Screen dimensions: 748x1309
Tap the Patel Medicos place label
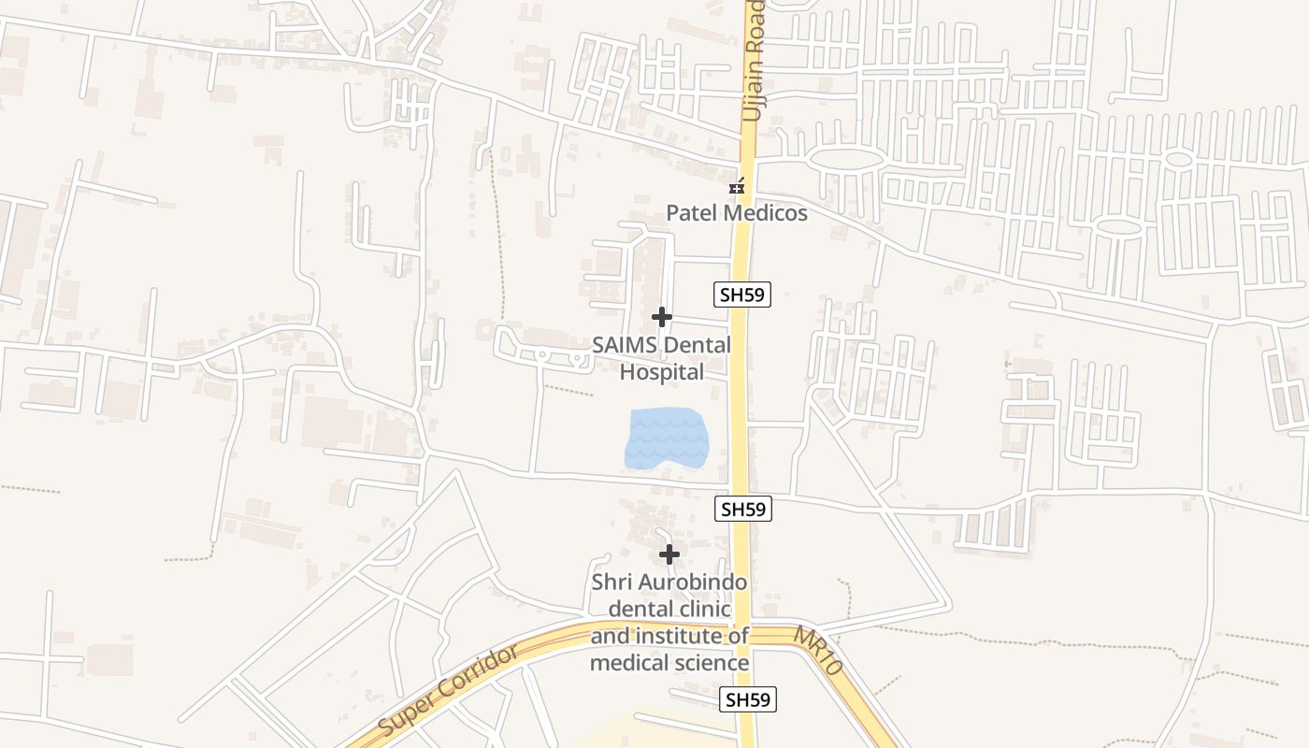pyautogui.click(x=736, y=213)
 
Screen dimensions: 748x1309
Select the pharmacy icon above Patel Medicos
pyautogui.click(x=738, y=187)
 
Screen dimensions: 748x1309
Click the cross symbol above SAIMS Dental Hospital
pyautogui.click(x=662, y=317)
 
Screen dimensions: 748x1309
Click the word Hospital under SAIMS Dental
pyautogui.click(x=662, y=372)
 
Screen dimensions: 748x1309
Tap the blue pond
pyautogui.click(x=665, y=438)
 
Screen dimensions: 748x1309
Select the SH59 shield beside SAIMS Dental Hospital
pyautogui.click(x=742, y=295)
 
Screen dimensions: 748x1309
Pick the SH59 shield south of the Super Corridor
pyautogui.click(x=750, y=699)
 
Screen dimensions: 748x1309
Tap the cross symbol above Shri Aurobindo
pyautogui.click(x=669, y=554)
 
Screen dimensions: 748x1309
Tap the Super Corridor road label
pyautogui.click(x=449, y=690)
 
